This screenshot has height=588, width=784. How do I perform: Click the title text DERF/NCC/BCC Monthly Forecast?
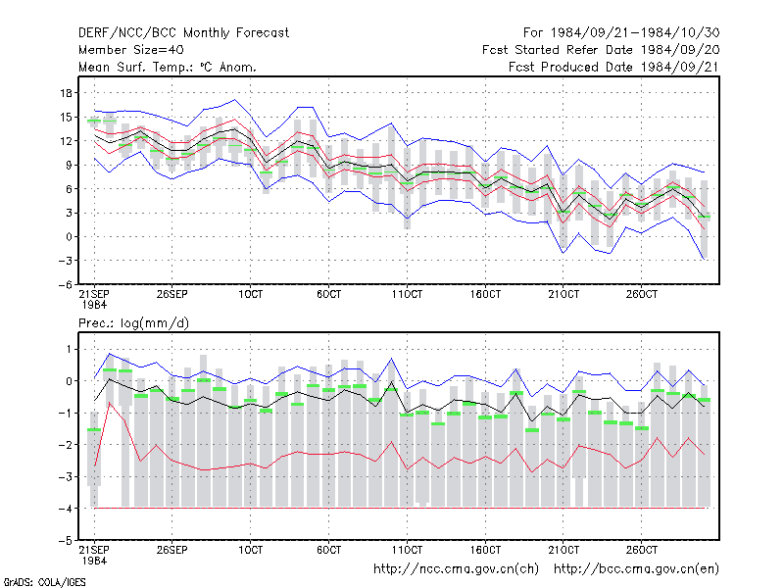click(x=183, y=33)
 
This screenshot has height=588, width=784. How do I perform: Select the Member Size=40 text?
click(x=131, y=50)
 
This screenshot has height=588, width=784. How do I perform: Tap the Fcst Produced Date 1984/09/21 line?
click(x=613, y=67)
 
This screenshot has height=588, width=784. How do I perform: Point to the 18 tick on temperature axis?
click(x=66, y=93)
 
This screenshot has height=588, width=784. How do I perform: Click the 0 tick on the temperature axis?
click(x=69, y=237)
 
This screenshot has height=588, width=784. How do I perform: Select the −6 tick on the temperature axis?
click(x=65, y=285)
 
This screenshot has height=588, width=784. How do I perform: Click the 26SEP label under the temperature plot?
click(x=171, y=295)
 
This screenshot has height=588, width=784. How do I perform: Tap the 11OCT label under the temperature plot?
click(x=407, y=295)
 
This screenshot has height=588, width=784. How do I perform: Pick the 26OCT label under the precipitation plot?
click(x=642, y=550)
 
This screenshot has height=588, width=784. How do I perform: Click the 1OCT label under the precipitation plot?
click(x=250, y=550)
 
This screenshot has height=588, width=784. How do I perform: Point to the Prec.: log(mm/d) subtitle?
click(x=133, y=323)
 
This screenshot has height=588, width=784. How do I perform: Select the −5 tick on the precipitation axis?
click(x=65, y=541)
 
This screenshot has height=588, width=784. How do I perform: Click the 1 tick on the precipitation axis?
click(x=69, y=349)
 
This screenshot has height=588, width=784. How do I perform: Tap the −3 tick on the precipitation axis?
click(x=65, y=477)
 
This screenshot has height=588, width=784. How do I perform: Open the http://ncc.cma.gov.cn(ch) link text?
click(x=456, y=569)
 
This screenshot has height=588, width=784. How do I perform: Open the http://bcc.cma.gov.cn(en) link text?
click(x=636, y=569)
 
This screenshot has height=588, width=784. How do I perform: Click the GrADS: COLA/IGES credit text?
click(x=44, y=582)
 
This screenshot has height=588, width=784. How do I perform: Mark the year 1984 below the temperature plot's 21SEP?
click(x=94, y=305)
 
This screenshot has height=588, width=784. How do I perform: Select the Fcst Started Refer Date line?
click(x=601, y=50)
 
